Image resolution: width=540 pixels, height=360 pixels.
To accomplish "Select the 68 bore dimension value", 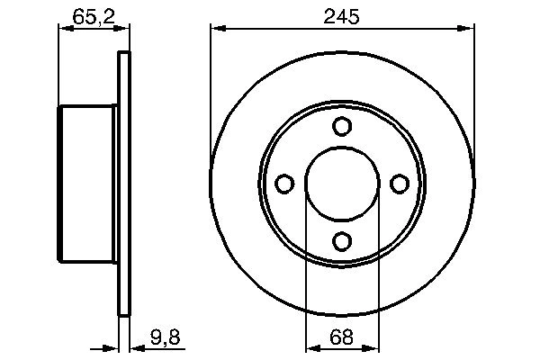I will tap(342, 340).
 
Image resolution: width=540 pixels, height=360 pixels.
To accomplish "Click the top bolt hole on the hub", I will tap(342, 127).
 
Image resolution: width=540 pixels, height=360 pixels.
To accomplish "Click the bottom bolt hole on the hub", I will tap(342, 241).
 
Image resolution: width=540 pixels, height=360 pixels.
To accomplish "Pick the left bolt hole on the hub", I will tap(284, 184).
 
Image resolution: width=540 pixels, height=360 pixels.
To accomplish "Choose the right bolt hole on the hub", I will tap(400, 184).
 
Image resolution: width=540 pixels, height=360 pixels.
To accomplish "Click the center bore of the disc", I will tap(342, 184).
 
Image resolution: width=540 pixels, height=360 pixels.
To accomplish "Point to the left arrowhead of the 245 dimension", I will tap(216, 29).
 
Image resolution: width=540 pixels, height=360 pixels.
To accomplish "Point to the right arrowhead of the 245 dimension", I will tap(468, 29).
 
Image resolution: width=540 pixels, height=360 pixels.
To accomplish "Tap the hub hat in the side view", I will tap(88, 184).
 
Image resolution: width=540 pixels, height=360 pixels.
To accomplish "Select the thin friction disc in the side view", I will tap(124, 184).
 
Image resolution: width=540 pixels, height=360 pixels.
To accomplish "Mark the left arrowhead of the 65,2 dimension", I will tap(64, 29).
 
